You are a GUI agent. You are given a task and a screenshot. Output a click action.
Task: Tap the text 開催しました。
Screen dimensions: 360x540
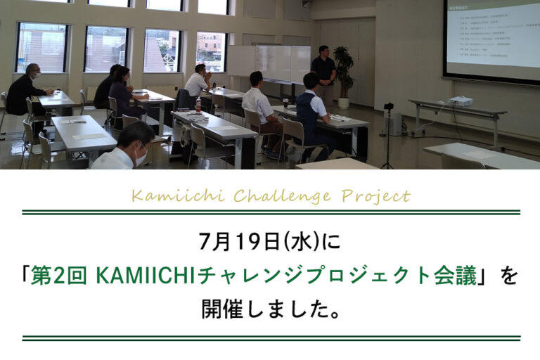pos(271,309)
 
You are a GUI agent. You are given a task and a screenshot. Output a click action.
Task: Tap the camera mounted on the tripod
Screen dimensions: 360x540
pos(388,107)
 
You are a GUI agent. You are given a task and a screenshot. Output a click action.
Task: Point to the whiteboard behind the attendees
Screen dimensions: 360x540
pos(281,64)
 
